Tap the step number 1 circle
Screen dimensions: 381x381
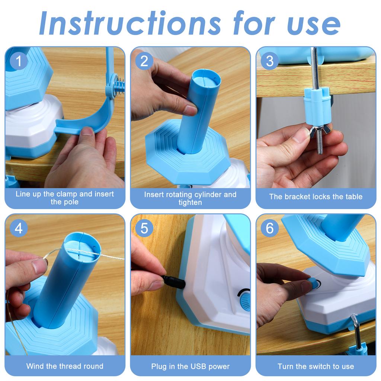[x=19, y=61]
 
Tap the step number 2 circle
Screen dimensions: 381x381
[x=144, y=61]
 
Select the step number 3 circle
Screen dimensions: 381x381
[x=270, y=61]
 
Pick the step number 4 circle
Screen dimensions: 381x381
[x=19, y=228]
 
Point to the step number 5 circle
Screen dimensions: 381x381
[x=144, y=228]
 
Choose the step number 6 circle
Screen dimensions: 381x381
[x=270, y=228]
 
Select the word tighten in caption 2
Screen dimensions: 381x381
[x=190, y=203]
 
